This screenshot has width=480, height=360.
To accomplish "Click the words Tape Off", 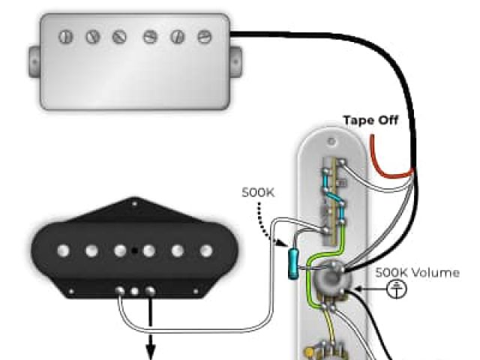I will tap(370, 120).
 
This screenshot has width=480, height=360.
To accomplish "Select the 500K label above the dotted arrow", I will tap(258, 193).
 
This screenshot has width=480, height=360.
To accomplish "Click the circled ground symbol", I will tap(396, 289).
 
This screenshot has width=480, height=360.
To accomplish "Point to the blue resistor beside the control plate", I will tap(292, 263).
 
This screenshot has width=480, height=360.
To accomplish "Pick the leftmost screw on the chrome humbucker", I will tap(65, 34).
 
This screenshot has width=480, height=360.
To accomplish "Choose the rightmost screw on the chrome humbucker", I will tap(203, 34).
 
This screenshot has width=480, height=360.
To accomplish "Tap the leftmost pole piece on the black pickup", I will tap(63, 250).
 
